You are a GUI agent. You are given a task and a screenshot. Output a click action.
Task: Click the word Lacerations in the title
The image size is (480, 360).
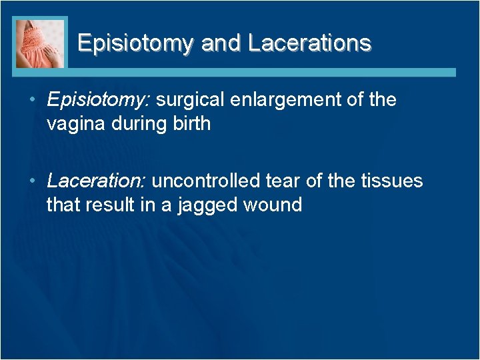pos(309,43)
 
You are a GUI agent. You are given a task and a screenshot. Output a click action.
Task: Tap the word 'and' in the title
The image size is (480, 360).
pos(221,43)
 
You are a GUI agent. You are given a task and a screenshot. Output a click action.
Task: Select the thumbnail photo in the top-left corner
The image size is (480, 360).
pos(40,43)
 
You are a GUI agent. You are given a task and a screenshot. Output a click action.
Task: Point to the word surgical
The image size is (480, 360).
pos(193,101)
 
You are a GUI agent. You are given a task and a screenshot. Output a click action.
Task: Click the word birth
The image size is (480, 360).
pos(191,124)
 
